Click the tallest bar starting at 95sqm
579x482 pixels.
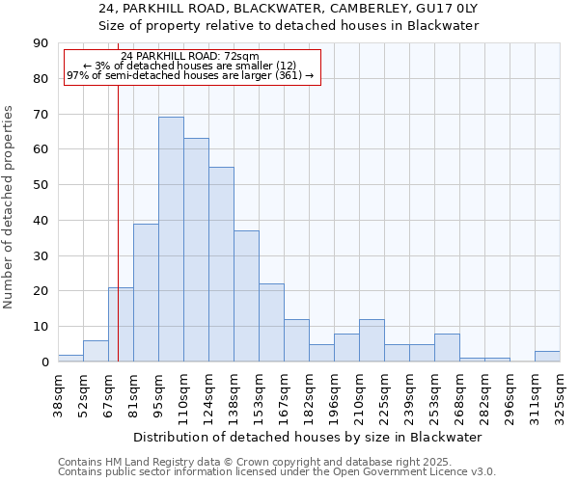pos(171,239)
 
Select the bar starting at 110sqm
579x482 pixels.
pos(196,250)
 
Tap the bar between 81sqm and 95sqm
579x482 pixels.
pos(146,292)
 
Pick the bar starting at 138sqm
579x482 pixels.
pos(246,296)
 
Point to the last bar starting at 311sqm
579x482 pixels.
pos(547,356)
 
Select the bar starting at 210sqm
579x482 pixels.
pos(372,340)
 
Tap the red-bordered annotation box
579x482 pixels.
pos(192,67)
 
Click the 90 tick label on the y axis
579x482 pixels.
pos(41,43)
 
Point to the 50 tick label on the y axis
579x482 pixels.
pos(41,185)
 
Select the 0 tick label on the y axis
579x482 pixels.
pos(44,362)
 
